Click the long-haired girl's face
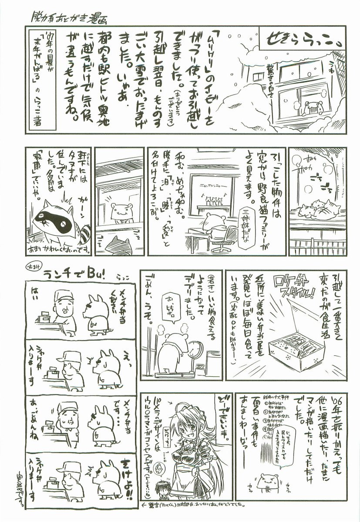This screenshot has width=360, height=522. click(185, 428)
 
